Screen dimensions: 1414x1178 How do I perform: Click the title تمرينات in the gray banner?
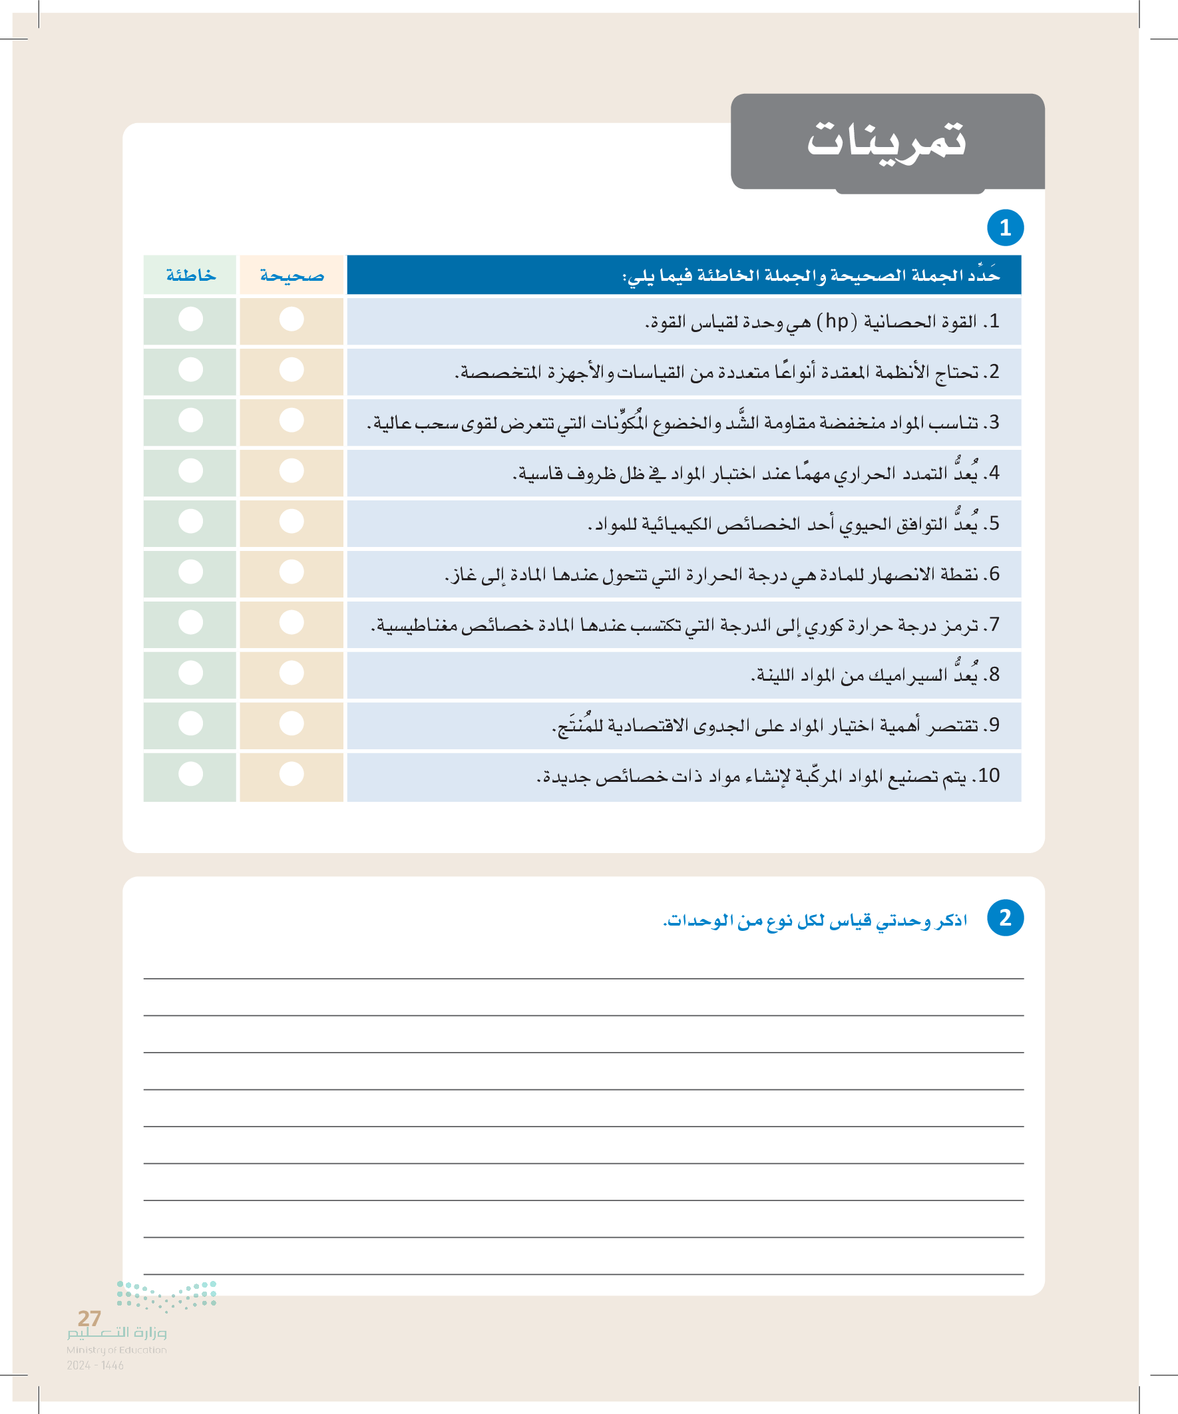pos(886,139)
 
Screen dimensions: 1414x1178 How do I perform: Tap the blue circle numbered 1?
pos(1005,228)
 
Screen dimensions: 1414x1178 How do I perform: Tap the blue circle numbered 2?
pos(1005,917)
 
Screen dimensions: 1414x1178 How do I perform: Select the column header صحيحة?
pos(292,275)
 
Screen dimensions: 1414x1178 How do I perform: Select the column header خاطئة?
pos(190,275)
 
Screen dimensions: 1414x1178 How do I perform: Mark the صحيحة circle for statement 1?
pos(292,319)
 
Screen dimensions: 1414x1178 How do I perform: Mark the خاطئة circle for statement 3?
pos(190,420)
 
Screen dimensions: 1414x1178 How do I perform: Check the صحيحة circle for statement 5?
pos(292,521)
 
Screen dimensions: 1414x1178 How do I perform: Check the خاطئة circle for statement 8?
pos(190,673)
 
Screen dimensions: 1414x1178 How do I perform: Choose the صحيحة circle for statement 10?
pos(292,774)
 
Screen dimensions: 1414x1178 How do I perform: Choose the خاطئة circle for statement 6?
pos(190,572)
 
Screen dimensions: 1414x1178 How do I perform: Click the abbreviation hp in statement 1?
pos(837,321)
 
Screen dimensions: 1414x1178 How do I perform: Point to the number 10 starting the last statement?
pos(989,776)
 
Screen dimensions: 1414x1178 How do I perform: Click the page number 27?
pos(89,1318)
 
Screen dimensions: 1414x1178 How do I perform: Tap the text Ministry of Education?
pos(116,1349)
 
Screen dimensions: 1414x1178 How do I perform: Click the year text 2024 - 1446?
pos(95,1365)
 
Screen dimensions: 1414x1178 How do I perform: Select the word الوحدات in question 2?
pos(694,920)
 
